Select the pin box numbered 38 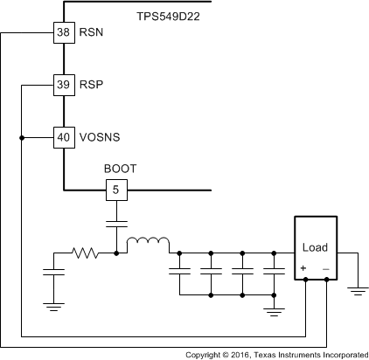click(63, 33)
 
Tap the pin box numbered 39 click(63, 85)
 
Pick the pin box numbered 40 click(63, 137)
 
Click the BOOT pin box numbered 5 click(115, 190)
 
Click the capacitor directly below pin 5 click(115, 224)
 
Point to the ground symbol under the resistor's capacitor click(53, 306)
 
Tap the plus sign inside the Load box click(303, 268)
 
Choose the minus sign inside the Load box click(325, 268)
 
